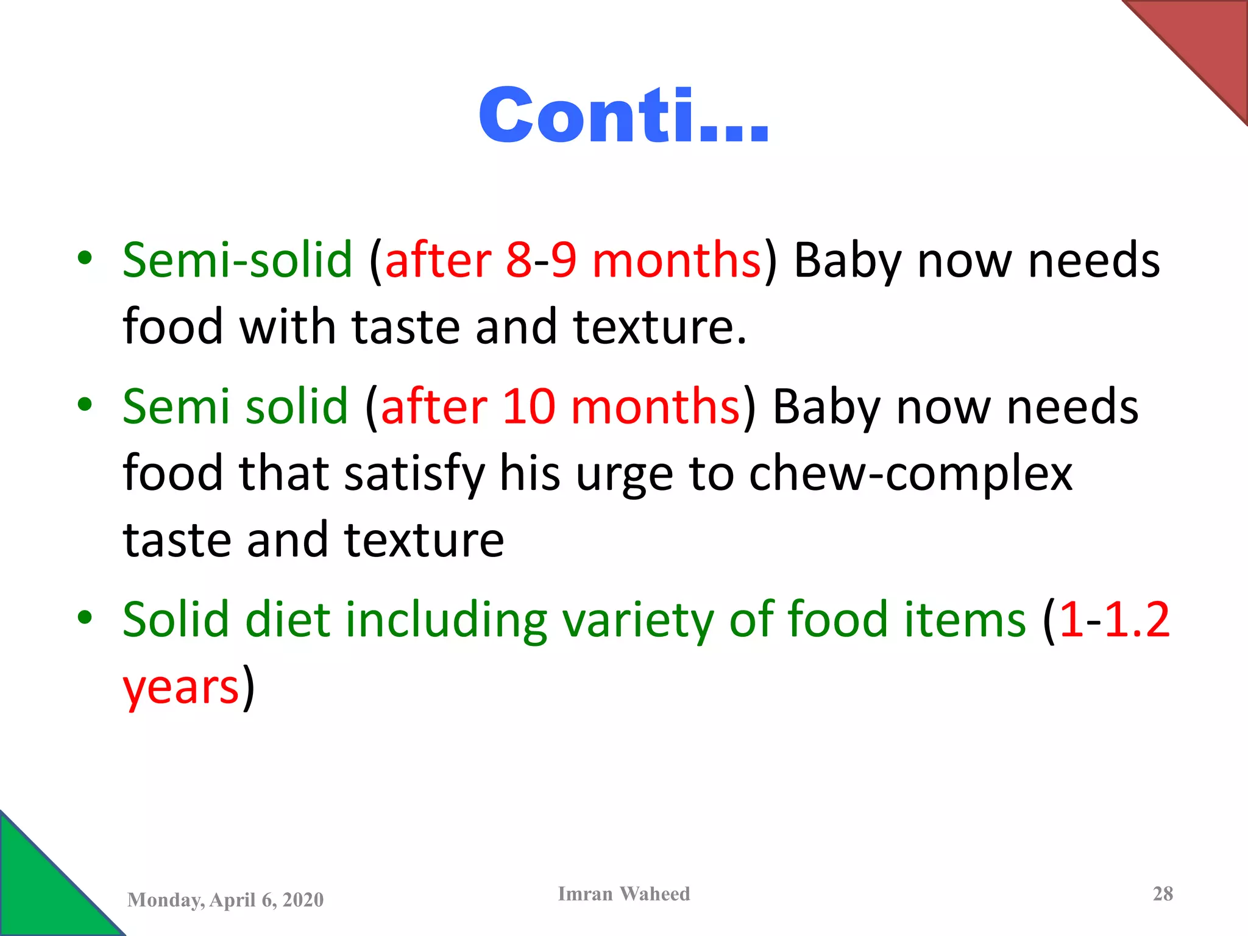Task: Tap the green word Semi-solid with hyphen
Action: tap(238, 260)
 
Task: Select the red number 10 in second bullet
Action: tap(529, 406)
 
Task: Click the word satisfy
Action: tap(414, 474)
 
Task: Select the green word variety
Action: tap(637, 620)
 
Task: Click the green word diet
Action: tap(287, 620)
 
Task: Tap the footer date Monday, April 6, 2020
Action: tap(225, 900)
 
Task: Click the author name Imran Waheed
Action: tap(624, 894)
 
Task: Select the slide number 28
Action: tap(1163, 894)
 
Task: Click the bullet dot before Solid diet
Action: tap(85, 618)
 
